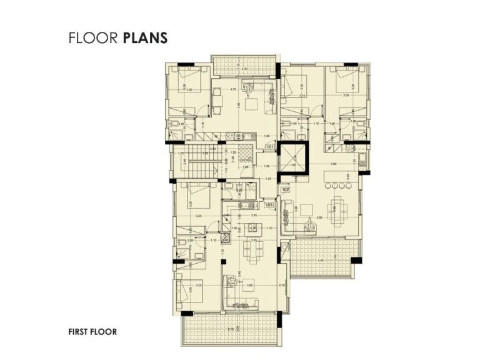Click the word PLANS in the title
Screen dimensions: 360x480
coord(146,38)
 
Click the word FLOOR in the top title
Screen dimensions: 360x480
coord(94,38)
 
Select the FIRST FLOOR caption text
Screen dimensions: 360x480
coord(92,332)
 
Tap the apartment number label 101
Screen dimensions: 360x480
coord(270,147)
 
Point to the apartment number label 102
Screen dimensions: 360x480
coord(285,189)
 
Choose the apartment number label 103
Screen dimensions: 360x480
coord(269,204)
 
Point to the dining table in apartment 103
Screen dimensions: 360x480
coord(253,251)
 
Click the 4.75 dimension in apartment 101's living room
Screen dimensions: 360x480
coord(233,89)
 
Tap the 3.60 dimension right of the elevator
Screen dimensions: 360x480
coord(334,164)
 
